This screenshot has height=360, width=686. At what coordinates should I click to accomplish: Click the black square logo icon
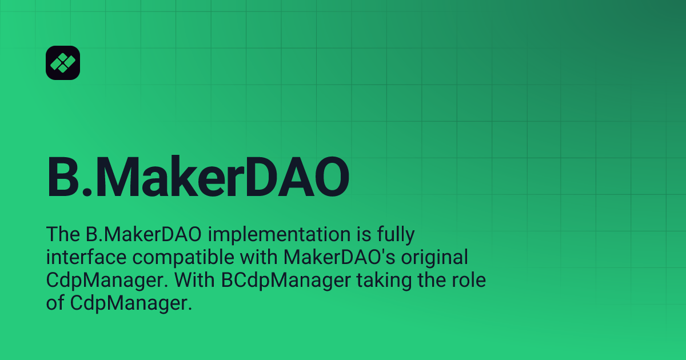[x=62, y=62]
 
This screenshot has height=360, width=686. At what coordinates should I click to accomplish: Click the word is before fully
[x=355, y=235]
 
